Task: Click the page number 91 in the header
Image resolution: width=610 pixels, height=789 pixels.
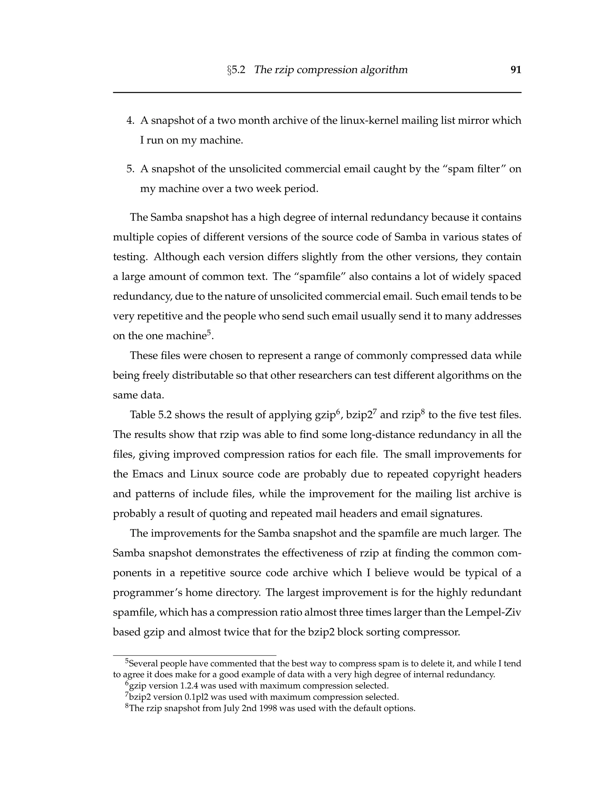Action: coord(516,70)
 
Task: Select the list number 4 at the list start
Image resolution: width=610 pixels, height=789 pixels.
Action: coord(130,120)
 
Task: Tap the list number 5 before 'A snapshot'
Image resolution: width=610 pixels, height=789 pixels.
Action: coord(130,169)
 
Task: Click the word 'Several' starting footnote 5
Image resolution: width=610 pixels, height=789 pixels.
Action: coord(143,663)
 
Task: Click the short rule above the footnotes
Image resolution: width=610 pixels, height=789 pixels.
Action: coord(194,655)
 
